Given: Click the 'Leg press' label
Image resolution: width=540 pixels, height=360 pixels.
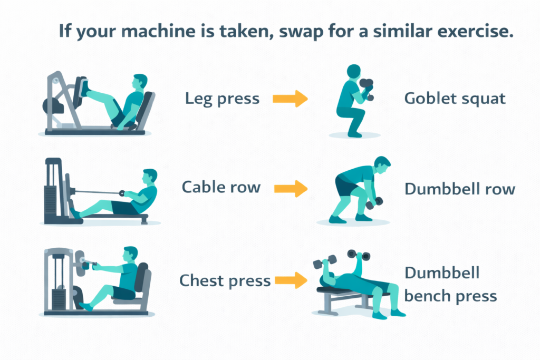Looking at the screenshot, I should click(x=222, y=99).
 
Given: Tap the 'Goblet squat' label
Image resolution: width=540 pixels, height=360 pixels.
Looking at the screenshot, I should click(x=455, y=99).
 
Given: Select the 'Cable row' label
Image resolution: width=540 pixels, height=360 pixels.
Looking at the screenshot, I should click(x=221, y=187).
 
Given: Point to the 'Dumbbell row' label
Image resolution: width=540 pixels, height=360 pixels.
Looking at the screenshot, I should click(x=459, y=189).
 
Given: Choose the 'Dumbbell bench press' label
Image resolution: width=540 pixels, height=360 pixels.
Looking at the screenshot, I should click(x=450, y=284).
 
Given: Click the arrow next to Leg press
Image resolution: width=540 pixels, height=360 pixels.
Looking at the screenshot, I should click(x=290, y=99).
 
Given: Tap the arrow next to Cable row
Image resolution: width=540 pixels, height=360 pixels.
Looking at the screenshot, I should click(x=291, y=188).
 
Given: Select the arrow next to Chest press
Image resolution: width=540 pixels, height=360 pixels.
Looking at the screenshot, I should click(x=291, y=280).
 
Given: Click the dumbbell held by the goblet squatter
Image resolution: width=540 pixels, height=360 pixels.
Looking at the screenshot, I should click(x=367, y=87).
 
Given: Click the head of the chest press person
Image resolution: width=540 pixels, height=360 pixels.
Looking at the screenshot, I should click(x=130, y=254).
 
